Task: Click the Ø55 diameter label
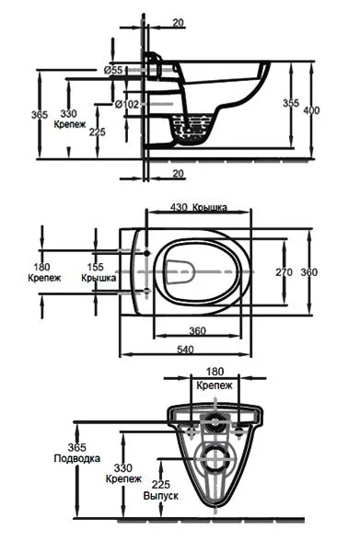113,70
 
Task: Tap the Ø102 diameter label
127,104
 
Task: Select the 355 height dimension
291,103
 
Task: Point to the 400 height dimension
311,110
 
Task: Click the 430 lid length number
179,207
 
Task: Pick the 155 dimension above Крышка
95,267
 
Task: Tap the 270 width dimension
284,272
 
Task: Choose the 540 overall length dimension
185,350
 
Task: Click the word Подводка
76,459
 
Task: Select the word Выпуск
160,496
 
